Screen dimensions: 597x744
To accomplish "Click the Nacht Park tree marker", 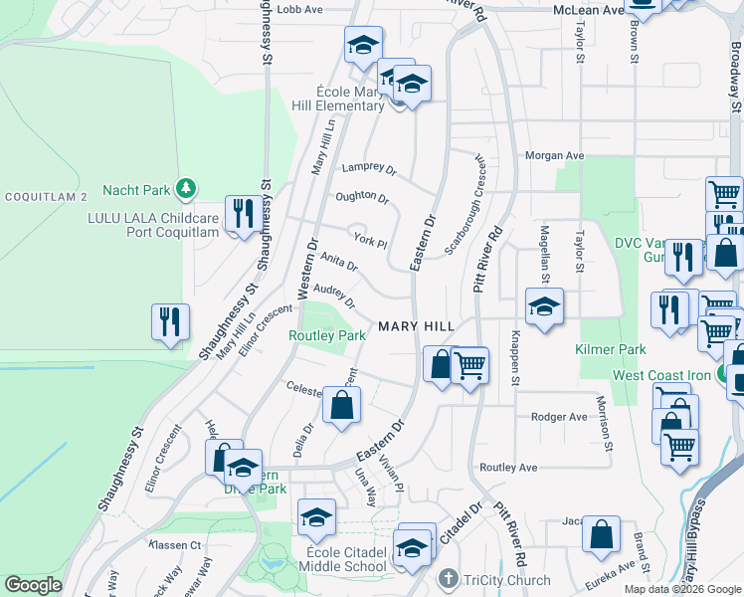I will [x=184, y=188].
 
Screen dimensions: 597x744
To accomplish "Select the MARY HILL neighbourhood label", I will [x=416, y=326].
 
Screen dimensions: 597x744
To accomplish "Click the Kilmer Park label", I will [x=610, y=349].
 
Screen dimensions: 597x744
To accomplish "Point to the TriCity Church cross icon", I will [x=449, y=580].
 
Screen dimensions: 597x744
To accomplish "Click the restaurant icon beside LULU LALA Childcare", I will [x=243, y=213].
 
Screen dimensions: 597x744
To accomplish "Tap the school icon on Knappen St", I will [x=544, y=308].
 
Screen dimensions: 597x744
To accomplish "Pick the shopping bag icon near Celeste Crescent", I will [x=341, y=405].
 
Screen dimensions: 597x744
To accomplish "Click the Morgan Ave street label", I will [x=554, y=155].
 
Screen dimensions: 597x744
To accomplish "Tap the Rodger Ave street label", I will [x=559, y=417].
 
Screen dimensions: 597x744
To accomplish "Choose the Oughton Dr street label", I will [x=362, y=197].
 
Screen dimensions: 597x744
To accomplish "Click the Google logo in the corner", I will [x=33, y=585].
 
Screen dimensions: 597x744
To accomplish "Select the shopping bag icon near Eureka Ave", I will [x=602, y=535].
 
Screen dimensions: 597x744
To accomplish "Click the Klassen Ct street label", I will [x=175, y=545].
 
